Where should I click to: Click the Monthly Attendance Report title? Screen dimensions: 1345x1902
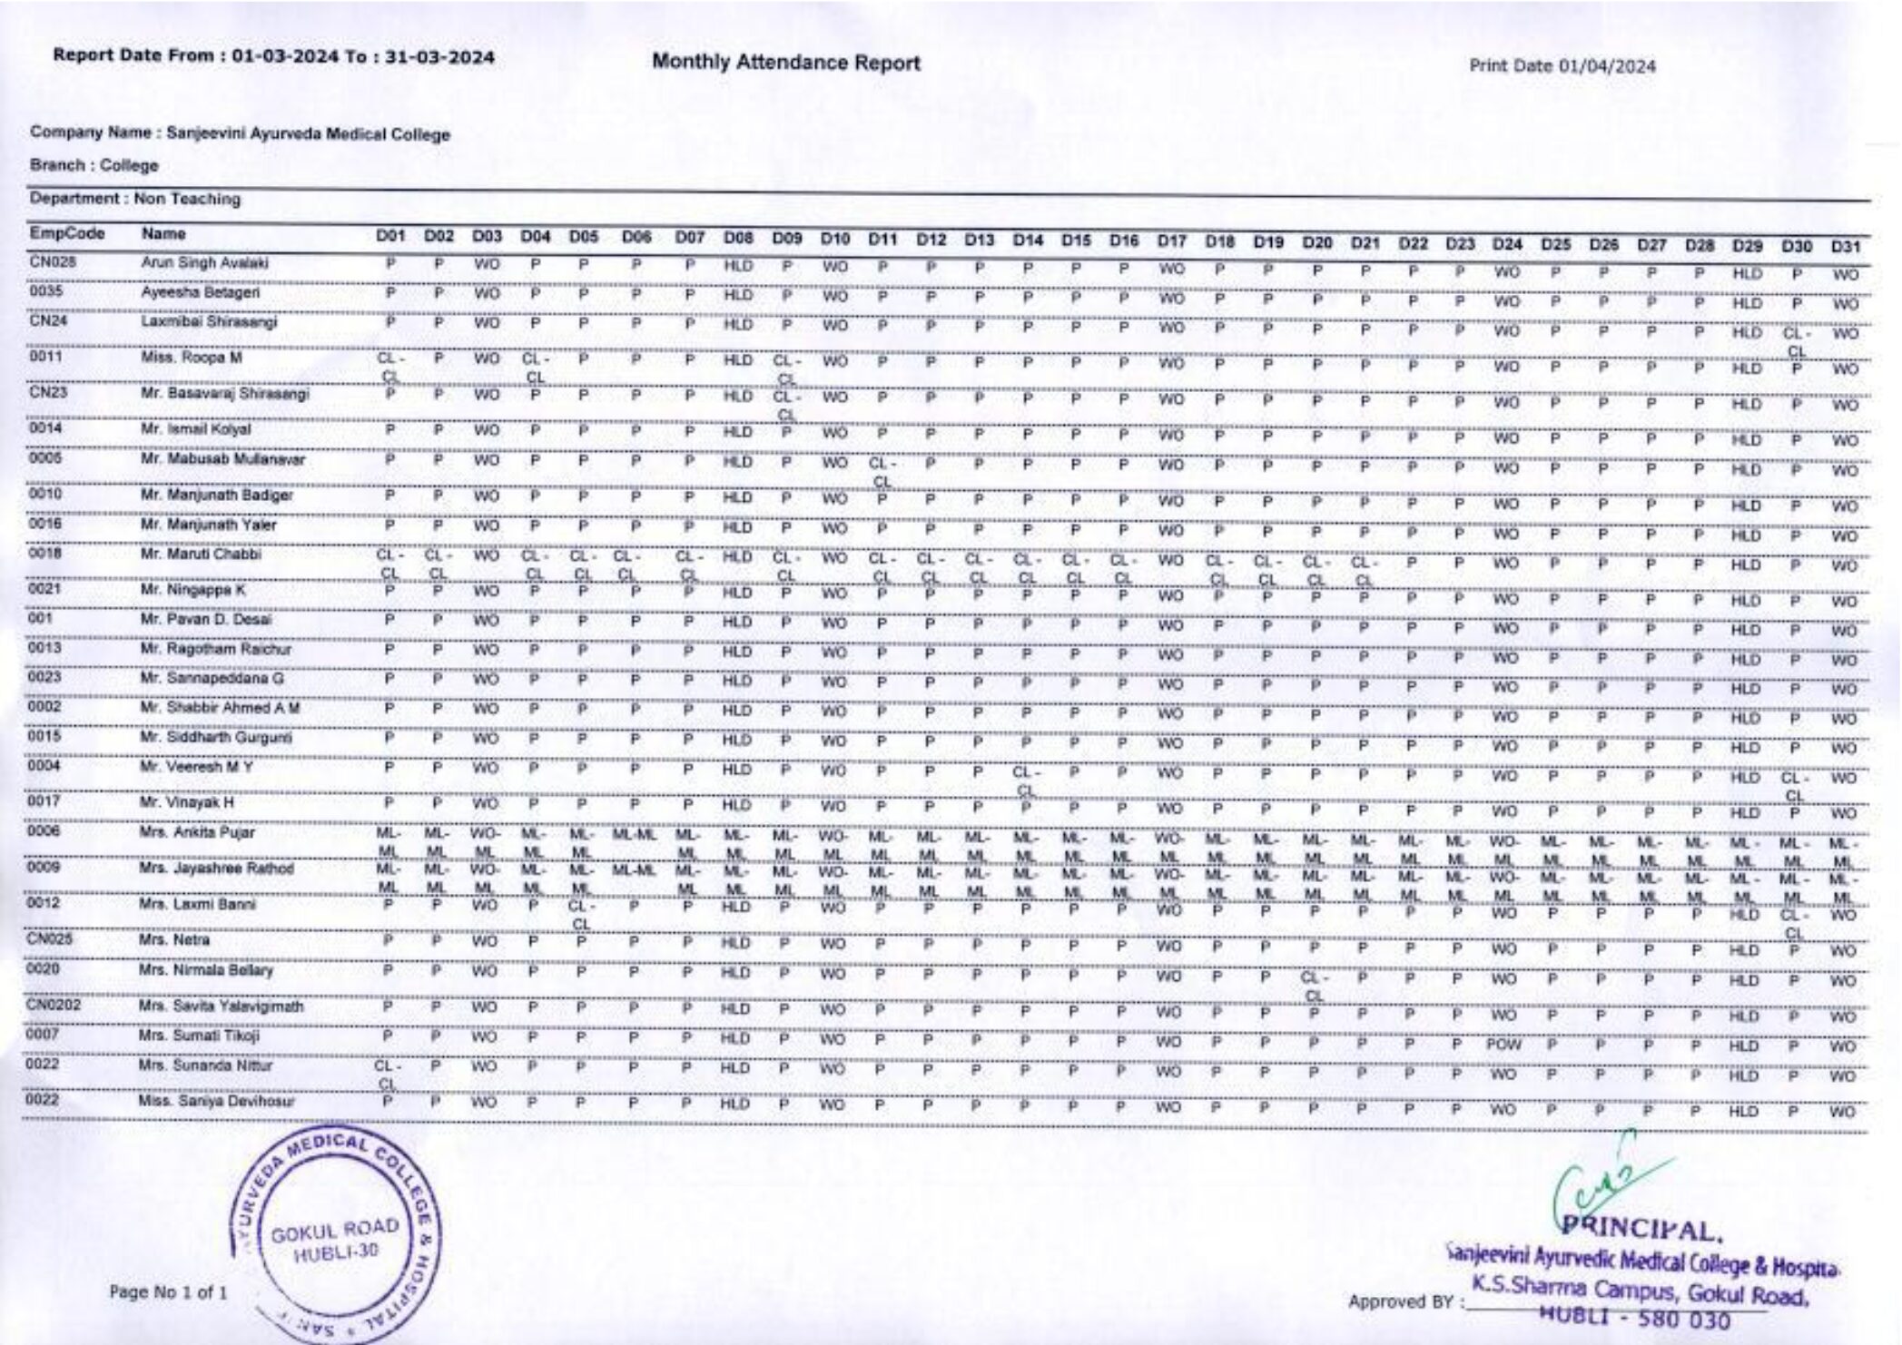click(785, 63)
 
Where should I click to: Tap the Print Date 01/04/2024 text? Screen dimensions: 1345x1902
click(1562, 66)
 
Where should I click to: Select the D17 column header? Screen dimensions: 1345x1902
click(1171, 241)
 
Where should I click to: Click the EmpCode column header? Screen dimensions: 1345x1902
click(67, 234)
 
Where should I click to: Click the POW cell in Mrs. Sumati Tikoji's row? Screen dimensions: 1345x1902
click(1503, 1045)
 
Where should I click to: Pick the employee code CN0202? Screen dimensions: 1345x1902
click(54, 1006)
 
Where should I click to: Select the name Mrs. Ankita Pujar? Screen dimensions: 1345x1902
click(197, 832)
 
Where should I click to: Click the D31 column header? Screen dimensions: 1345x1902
click(1845, 247)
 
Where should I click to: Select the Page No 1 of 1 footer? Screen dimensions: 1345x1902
click(168, 1291)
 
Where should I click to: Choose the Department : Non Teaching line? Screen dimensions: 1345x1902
click(135, 199)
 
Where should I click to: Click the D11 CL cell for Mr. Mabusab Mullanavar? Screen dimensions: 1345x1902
click(882, 471)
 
